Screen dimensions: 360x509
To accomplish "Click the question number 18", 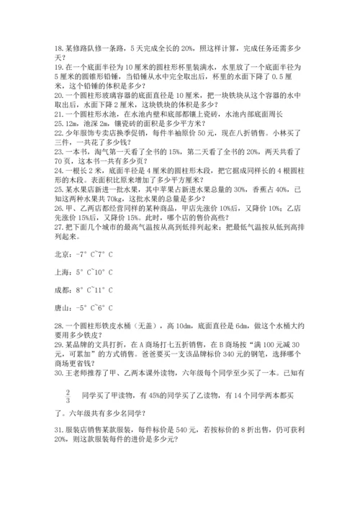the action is [59, 46].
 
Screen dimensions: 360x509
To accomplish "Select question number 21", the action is [59, 114].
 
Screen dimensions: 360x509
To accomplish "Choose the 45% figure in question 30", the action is [152, 394].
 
